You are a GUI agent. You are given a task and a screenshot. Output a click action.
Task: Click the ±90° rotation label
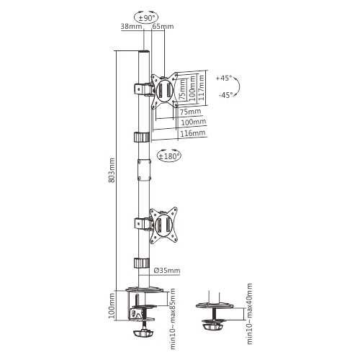point(147,18)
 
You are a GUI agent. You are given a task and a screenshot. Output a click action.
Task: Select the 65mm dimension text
point(163,26)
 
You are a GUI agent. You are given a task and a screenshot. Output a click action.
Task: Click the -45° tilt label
point(225,95)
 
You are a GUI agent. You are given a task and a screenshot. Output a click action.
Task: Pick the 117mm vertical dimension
point(202,88)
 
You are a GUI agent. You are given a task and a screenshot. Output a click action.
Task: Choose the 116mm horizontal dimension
point(193,133)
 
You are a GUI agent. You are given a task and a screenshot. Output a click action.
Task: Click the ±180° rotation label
point(169,156)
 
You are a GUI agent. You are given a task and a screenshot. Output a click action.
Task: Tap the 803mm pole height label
point(112,170)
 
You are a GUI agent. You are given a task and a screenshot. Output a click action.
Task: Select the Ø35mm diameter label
point(167,271)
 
